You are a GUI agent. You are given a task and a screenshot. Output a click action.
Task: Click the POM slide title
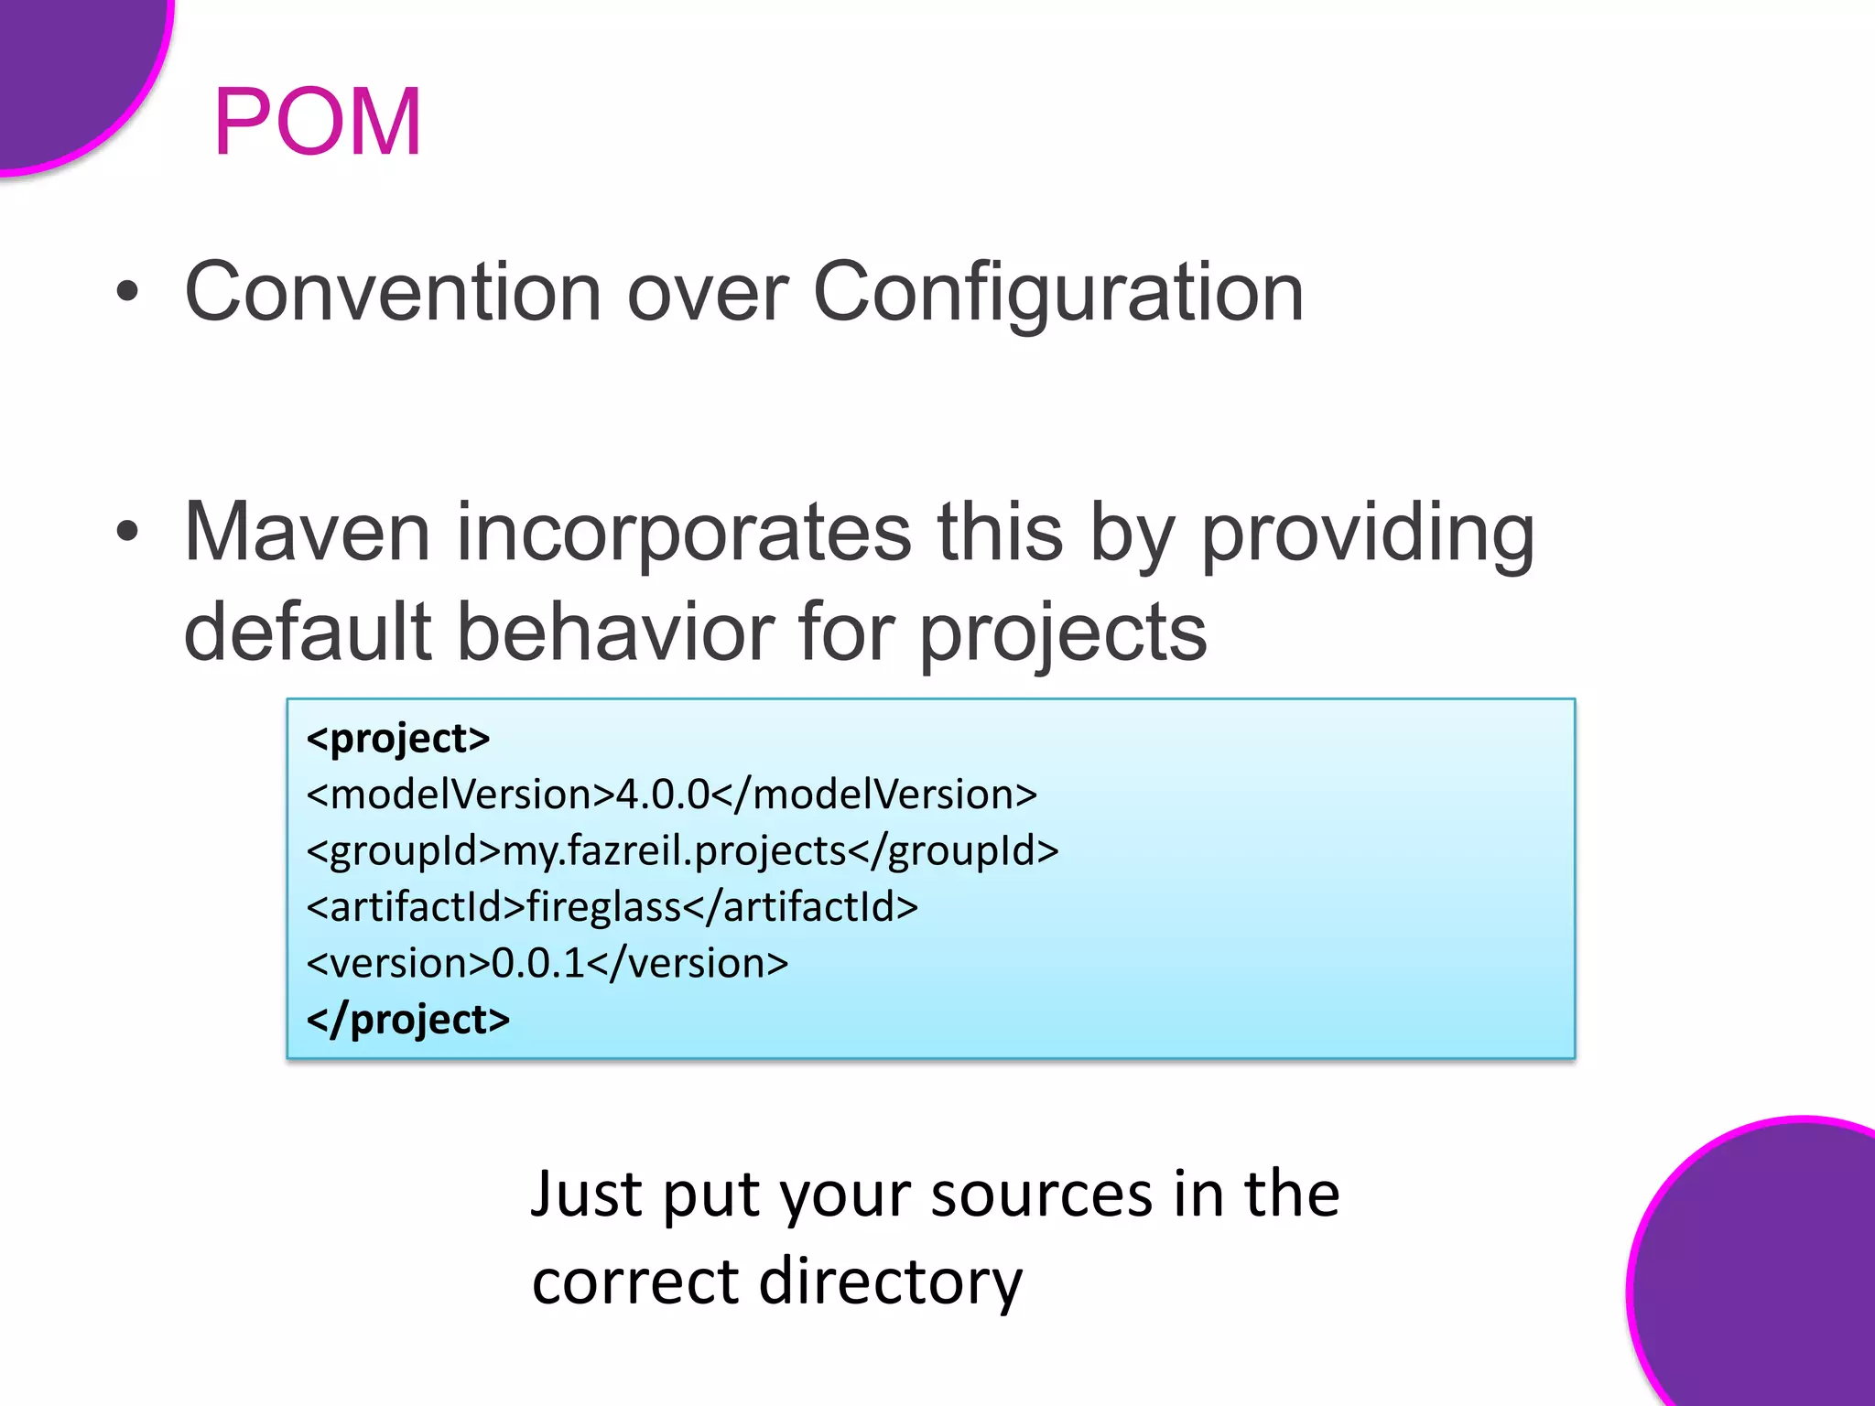coord(317,122)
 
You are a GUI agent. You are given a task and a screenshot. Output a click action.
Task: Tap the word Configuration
coord(1057,292)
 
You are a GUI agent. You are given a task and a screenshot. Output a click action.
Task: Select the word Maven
coord(307,533)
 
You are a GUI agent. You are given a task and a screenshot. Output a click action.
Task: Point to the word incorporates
coord(683,533)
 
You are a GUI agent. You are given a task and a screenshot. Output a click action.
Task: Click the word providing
coord(1367,533)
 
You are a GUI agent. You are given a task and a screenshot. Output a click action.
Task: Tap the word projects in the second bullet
coord(1062,633)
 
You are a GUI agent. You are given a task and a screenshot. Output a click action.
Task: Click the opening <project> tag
coord(398,739)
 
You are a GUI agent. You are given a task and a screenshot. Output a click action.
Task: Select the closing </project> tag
coord(408,1020)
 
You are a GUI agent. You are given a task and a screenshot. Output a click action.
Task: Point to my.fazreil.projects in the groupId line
coord(675,851)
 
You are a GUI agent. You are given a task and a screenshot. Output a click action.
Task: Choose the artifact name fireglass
coord(603,907)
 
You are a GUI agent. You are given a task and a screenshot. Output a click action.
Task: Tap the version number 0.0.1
coord(538,963)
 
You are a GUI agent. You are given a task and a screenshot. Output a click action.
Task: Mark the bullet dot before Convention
coord(128,292)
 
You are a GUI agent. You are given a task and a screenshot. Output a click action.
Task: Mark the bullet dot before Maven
coord(128,532)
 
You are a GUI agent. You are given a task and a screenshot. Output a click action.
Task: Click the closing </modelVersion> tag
coord(874,795)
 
